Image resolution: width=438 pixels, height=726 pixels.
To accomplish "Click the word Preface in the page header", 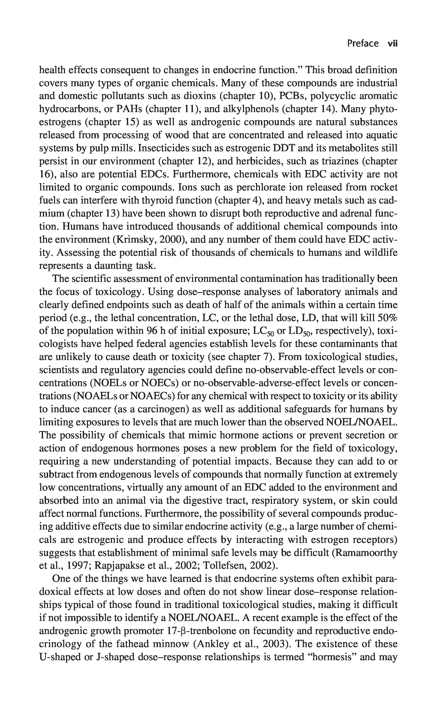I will click(363, 44).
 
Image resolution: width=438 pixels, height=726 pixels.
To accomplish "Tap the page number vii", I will click(392, 44).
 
